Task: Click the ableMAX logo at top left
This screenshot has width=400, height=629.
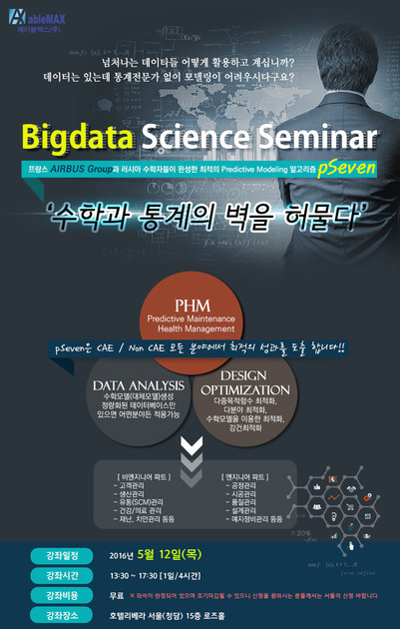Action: tap(39, 21)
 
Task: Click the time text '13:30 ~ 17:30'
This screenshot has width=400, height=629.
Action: tap(143, 576)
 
